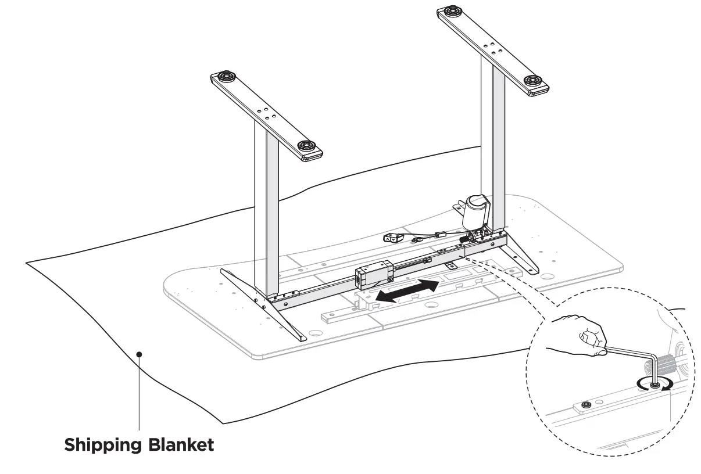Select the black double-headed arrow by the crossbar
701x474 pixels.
(406, 290)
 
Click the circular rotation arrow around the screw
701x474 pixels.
(655, 384)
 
